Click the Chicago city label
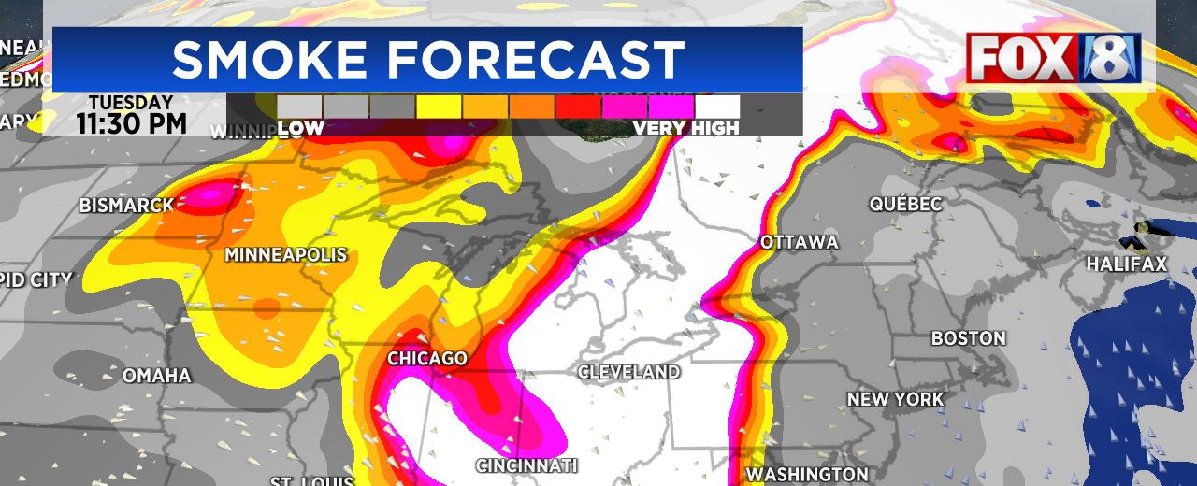pyautogui.click(x=427, y=359)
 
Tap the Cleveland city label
pyautogui.click(x=628, y=372)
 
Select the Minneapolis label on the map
pyautogui.click(x=285, y=255)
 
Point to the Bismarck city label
pyautogui.click(x=126, y=206)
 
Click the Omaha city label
pyautogui.click(x=157, y=376)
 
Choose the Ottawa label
pyautogui.click(x=799, y=243)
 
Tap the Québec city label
pyautogui.click(x=905, y=204)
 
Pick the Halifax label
pyautogui.click(x=1126, y=265)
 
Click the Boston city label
pyautogui.click(x=968, y=338)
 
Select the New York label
pyautogui.click(x=895, y=399)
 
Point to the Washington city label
pyautogui.click(x=807, y=474)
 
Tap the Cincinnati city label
pyautogui.click(x=526, y=465)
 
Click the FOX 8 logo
pyautogui.click(x=1053, y=58)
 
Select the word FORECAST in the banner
pyautogui.click(x=538, y=60)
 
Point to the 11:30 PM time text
pyautogui.click(x=132, y=123)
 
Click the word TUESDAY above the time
pyautogui.click(x=131, y=102)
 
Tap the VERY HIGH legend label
pyautogui.click(x=685, y=129)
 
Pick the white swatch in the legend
pyautogui.click(x=716, y=107)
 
